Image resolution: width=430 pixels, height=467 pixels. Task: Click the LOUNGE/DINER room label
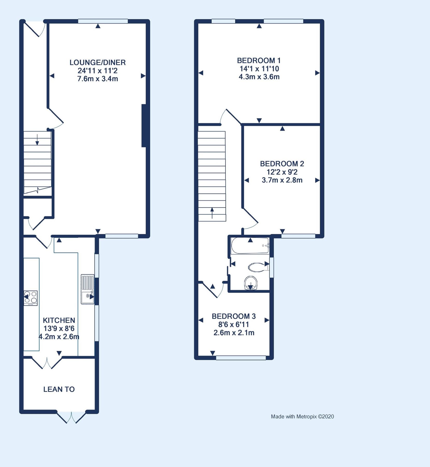point(97,63)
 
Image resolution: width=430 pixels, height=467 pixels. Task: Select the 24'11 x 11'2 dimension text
point(97,71)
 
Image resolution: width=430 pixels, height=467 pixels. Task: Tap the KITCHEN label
point(59,320)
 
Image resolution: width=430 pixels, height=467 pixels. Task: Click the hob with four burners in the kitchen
point(31,298)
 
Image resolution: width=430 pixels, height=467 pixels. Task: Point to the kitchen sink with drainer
point(87,289)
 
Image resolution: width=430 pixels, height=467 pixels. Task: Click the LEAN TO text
point(59,389)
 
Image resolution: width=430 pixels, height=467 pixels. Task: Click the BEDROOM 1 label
point(259,61)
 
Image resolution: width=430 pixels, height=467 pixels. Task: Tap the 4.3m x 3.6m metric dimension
point(259,77)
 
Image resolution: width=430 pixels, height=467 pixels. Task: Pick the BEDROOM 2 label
point(282,164)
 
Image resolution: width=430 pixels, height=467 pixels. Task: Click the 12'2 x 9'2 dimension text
point(282,172)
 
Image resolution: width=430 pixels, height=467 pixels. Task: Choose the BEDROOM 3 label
point(234,317)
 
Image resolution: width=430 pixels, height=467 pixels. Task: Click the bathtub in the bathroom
point(250,246)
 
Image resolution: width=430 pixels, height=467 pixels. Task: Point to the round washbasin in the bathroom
point(251,283)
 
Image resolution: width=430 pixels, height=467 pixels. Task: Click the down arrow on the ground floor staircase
point(37,140)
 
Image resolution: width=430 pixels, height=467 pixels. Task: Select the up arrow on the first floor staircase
point(212,213)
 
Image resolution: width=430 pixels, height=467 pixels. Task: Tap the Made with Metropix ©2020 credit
point(302,417)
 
